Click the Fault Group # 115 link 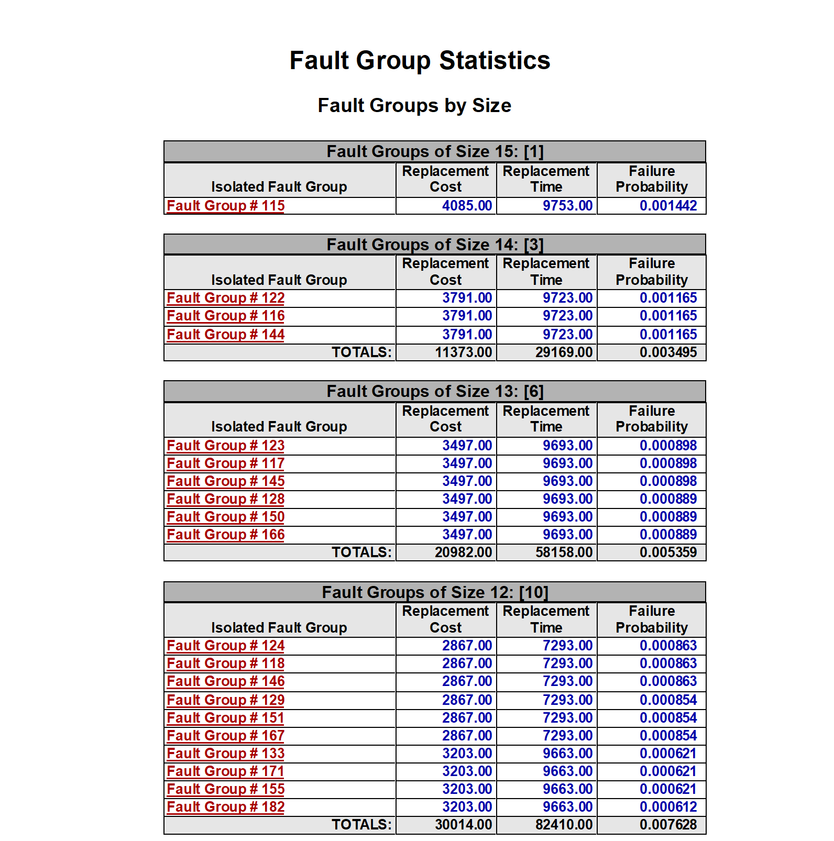[x=226, y=206]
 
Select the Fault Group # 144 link [x=226, y=335]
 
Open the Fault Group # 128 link [x=226, y=499]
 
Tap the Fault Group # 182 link [x=226, y=807]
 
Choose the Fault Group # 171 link [x=226, y=771]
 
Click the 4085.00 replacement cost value [x=467, y=206]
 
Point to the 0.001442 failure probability [x=668, y=206]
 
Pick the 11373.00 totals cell [x=463, y=352]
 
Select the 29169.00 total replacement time [x=564, y=352]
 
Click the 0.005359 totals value [x=668, y=552]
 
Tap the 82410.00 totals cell [x=564, y=825]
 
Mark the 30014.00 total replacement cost [x=463, y=825]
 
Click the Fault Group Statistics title [x=420, y=60]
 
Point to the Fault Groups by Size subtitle [x=414, y=105]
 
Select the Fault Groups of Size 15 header [x=435, y=151]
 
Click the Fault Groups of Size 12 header [x=435, y=592]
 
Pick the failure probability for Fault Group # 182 [x=668, y=807]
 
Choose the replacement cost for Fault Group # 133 [x=467, y=754]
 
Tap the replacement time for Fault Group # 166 [x=567, y=535]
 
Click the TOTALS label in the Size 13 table [x=361, y=552]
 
